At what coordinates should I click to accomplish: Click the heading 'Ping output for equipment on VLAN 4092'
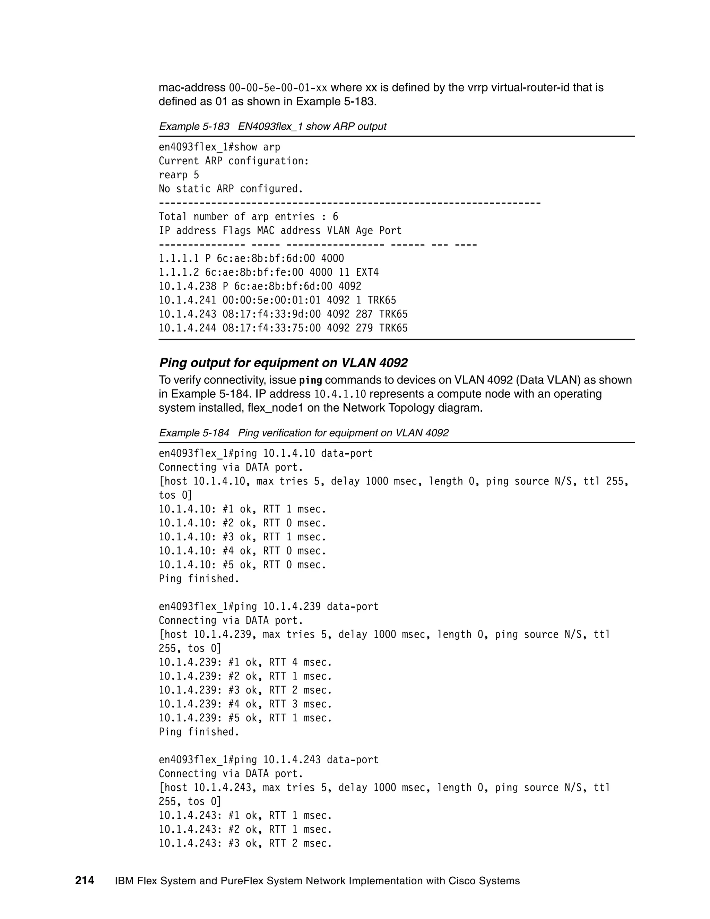tap(283, 363)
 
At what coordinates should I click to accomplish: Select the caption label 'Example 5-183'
tap(194, 126)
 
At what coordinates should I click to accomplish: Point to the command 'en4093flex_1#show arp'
tap(219, 147)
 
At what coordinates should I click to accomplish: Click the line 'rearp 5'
tap(179, 175)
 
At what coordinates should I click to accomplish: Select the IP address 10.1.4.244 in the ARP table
tap(187, 328)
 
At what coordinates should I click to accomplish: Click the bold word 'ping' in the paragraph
tap(310, 380)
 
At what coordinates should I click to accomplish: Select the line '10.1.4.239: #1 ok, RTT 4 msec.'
tap(245, 662)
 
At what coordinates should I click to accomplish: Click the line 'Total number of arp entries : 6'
tap(248, 217)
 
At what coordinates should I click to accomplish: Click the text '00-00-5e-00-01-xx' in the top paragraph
tap(278, 88)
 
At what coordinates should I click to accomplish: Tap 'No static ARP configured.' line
tap(231, 189)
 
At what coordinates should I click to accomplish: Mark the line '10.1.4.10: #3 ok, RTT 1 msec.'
tap(242, 537)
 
